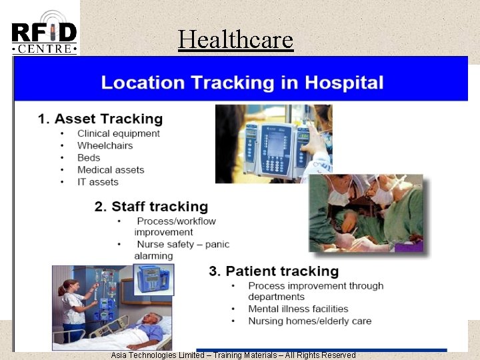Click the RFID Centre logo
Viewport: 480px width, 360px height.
pos(44,33)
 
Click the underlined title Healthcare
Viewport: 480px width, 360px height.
pos(235,40)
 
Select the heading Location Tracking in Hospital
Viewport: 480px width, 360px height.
pos(241,83)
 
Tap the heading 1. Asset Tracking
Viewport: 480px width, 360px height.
pos(100,119)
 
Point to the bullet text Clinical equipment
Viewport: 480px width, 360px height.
pos(118,133)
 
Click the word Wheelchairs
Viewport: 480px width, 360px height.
pos(105,145)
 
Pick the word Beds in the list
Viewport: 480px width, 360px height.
pos(89,157)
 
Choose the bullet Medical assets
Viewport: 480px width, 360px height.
pos(111,169)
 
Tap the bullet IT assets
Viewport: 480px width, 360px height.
pos(97,181)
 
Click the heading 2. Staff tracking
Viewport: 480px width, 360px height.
pos(151,207)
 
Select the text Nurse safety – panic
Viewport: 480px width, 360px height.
pos(181,244)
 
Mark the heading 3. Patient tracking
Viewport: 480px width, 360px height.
pos(273,271)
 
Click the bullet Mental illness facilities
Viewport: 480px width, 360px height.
pos(298,309)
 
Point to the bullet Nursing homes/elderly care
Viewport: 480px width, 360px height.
pos(309,321)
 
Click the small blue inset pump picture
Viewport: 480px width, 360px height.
pos(155,279)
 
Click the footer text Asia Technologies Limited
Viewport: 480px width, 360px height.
pos(157,355)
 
